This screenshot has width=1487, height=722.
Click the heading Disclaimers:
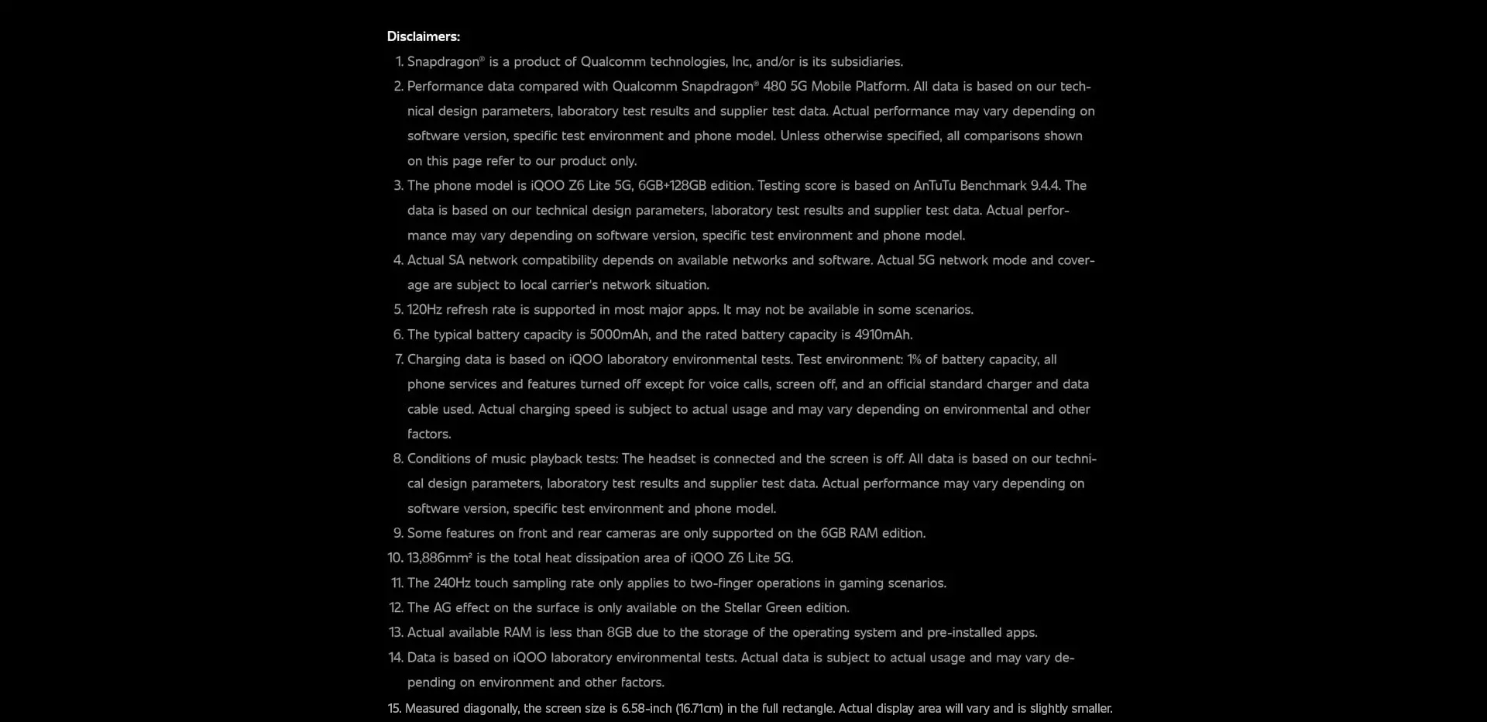pyautogui.click(x=423, y=36)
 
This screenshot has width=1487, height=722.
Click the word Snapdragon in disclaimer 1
pyautogui.click(x=443, y=62)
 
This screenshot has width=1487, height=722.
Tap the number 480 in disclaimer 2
pyautogui.click(x=774, y=87)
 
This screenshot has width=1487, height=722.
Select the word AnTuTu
pyautogui.click(x=934, y=186)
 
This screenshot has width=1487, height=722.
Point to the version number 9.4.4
pyautogui.click(x=1045, y=186)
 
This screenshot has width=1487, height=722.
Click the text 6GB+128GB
pyautogui.click(x=671, y=186)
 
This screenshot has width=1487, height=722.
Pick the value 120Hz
pyautogui.click(x=424, y=310)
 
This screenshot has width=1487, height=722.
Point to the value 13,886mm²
pyautogui.click(x=439, y=558)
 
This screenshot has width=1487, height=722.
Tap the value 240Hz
pyautogui.click(x=450, y=583)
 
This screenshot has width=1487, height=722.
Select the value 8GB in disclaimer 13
pyautogui.click(x=619, y=633)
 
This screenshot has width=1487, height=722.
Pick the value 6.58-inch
pyautogui.click(x=646, y=709)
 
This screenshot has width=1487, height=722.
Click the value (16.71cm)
pyautogui.click(x=699, y=709)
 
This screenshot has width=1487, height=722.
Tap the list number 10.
pyautogui.click(x=395, y=558)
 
